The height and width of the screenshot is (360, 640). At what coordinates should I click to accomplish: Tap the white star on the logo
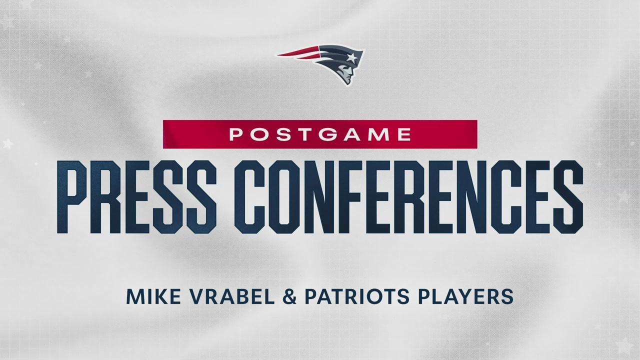[x=351, y=58]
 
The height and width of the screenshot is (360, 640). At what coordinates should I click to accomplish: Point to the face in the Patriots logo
[x=346, y=75]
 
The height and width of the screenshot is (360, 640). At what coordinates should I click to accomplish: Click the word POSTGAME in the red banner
[x=320, y=134]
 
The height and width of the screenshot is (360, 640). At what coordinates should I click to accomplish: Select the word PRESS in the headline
[x=136, y=197]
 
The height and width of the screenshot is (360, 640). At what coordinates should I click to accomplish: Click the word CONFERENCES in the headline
[x=408, y=197]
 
